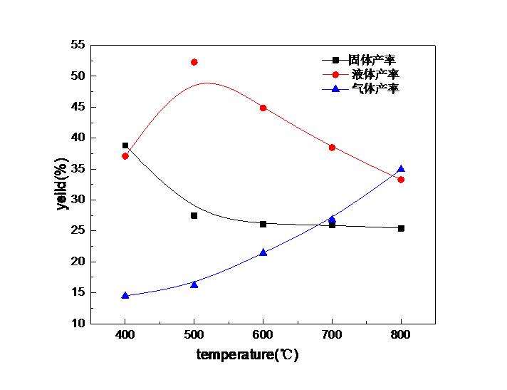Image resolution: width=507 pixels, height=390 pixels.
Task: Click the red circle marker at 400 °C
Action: pyautogui.click(x=125, y=156)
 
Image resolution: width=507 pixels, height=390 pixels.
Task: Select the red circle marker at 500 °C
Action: pyautogui.click(x=194, y=62)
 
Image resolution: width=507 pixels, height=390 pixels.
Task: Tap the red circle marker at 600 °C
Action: pyautogui.click(x=263, y=108)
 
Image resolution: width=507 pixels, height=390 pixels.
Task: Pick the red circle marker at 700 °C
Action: pyautogui.click(x=333, y=147)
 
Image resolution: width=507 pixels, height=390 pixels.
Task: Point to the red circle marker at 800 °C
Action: pyautogui.click(x=401, y=180)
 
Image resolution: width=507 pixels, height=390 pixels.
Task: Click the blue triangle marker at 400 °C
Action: pyautogui.click(x=125, y=295)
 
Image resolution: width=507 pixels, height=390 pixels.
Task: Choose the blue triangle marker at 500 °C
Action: pyautogui.click(x=194, y=284)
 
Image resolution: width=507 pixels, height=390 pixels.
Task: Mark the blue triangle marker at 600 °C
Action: pyautogui.click(x=263, y=252)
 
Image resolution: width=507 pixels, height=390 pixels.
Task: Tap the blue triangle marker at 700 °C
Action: pyautogui.click(x=333, y=218)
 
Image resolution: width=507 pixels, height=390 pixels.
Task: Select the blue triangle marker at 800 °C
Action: pyautogui.click(x=401, y=169)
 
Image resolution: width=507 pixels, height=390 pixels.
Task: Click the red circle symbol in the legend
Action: pyautogui.click(x=335, y=75)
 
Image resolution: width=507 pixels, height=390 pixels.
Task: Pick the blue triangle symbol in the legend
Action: pyautogui.click(x=335, y=89)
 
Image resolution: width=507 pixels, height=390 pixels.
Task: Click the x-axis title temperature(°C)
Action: pyautogui.click(x=246, y=354)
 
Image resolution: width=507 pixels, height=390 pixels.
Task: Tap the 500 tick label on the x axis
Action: pyautogui.click(x=194, y=334)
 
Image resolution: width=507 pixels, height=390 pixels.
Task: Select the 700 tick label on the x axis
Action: pyautogui.click(x=333, y=334)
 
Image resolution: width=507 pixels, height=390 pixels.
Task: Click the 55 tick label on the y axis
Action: pyautogui.click(x=77, y=44)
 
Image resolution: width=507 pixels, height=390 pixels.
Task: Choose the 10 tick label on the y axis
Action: pyautogui.click(x=77, y=323)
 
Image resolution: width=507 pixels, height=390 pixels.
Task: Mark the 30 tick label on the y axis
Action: pyautogui.click(x=77, y=199)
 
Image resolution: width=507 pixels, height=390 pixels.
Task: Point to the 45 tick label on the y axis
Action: pyautogui.click(x=77, y=106)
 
